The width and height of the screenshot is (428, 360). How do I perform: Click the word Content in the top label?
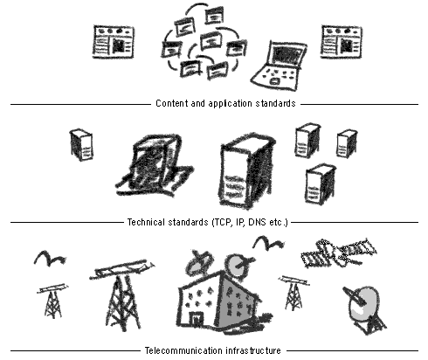[x=171, y=103]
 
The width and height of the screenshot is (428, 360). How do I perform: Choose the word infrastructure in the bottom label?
[x=252, y=350]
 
